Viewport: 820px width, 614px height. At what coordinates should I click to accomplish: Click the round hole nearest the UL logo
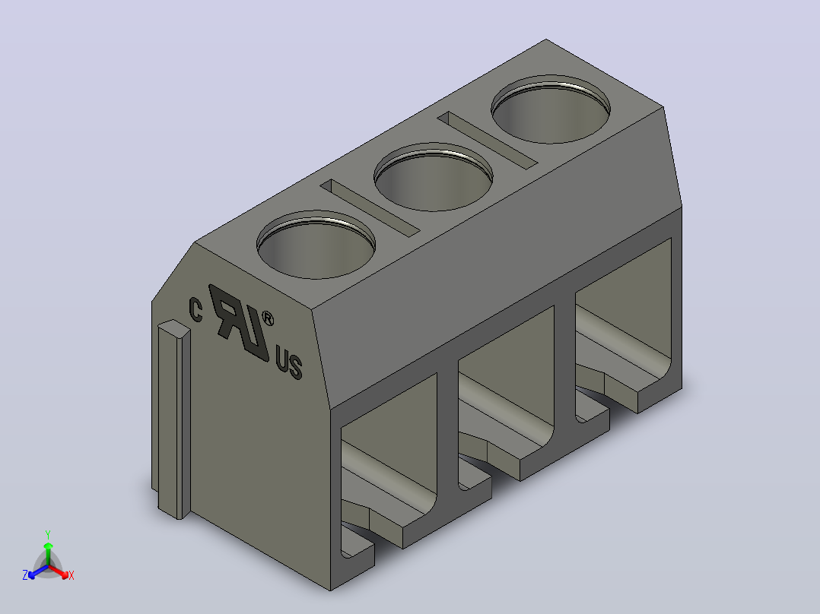coord(316,245)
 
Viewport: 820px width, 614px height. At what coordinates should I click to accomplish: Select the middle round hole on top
coord(434,177)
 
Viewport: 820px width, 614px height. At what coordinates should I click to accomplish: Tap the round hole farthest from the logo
coord(551,109)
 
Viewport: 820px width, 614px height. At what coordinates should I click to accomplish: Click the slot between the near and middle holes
coord(370,208)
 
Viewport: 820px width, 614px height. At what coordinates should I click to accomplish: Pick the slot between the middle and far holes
coord(488,140)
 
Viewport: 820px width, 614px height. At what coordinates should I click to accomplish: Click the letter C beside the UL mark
coord(195,310)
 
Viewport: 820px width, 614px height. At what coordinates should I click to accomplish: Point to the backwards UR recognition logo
coord(238,322)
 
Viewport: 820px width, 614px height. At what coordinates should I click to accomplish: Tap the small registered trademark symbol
coord(268,318)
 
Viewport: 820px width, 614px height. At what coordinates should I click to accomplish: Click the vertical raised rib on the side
coord(174,419)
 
